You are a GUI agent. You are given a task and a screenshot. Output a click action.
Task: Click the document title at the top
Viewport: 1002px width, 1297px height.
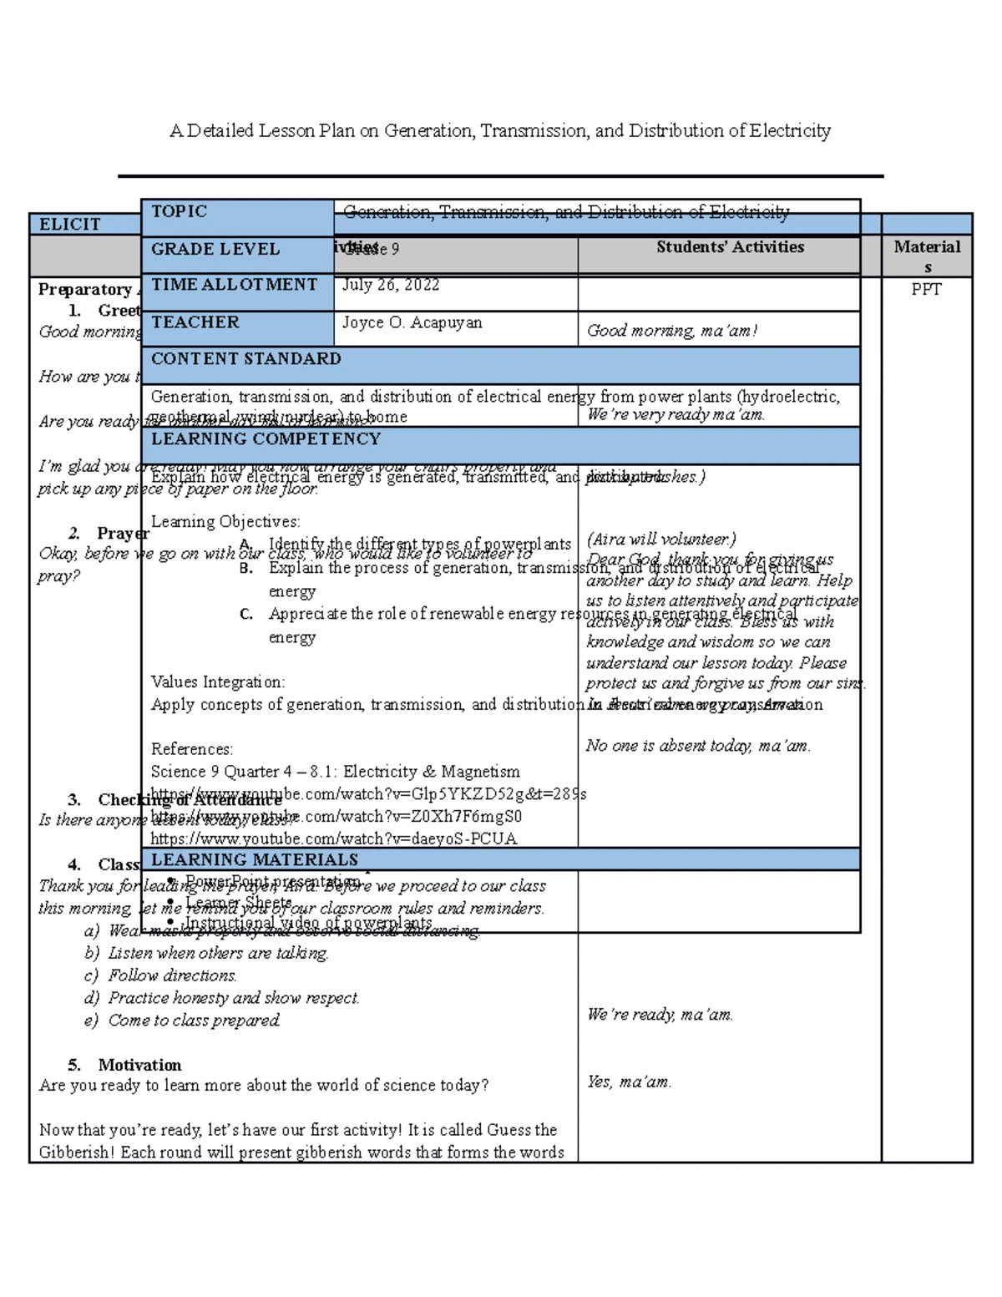tap(499, 131)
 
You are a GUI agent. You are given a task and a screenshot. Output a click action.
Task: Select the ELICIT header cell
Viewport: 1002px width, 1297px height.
tap(70, 224)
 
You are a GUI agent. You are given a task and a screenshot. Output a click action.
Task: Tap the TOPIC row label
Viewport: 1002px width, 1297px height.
tap(179, 211)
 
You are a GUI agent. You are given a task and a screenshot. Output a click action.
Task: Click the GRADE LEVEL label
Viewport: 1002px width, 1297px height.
tap(215, 249)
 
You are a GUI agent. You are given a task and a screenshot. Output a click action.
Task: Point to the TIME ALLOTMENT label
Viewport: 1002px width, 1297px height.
tap(234, 285)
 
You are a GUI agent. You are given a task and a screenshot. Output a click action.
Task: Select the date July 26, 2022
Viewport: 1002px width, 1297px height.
tap(391, 285)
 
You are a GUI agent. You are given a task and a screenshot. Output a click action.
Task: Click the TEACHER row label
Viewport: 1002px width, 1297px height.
tap(195, 322)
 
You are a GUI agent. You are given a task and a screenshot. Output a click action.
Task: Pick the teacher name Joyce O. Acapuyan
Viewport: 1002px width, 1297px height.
tap(412, 322)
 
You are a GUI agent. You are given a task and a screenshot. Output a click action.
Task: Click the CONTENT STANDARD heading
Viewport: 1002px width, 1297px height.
tap(245, 359)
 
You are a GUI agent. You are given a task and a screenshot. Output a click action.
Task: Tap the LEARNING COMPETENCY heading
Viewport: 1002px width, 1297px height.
tap(265, 439)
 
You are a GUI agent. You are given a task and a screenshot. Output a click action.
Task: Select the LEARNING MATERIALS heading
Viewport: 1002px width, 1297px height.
tap(254, 859)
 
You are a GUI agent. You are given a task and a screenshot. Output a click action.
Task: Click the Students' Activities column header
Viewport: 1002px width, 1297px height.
tap(730, 247)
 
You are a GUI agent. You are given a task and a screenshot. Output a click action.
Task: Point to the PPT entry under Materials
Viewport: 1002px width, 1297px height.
tap(926, 289)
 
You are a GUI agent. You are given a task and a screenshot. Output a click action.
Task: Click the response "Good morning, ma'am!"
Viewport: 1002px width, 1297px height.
tap(671, 331)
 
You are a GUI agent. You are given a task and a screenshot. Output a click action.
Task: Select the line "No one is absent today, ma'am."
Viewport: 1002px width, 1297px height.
tap(698, 746)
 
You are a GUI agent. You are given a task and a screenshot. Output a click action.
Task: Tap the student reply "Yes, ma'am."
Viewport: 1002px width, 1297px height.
tap(629, 1082)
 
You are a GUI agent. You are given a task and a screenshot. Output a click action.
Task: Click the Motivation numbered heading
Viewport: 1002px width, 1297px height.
tap(139, 1065)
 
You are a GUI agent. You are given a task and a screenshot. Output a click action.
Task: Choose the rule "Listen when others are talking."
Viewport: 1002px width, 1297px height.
tap(218, 953)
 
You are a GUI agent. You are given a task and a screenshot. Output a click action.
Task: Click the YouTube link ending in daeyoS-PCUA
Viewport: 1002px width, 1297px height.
tap(333, 838)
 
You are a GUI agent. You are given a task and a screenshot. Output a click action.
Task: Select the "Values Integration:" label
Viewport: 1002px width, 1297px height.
tap(217, 682)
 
